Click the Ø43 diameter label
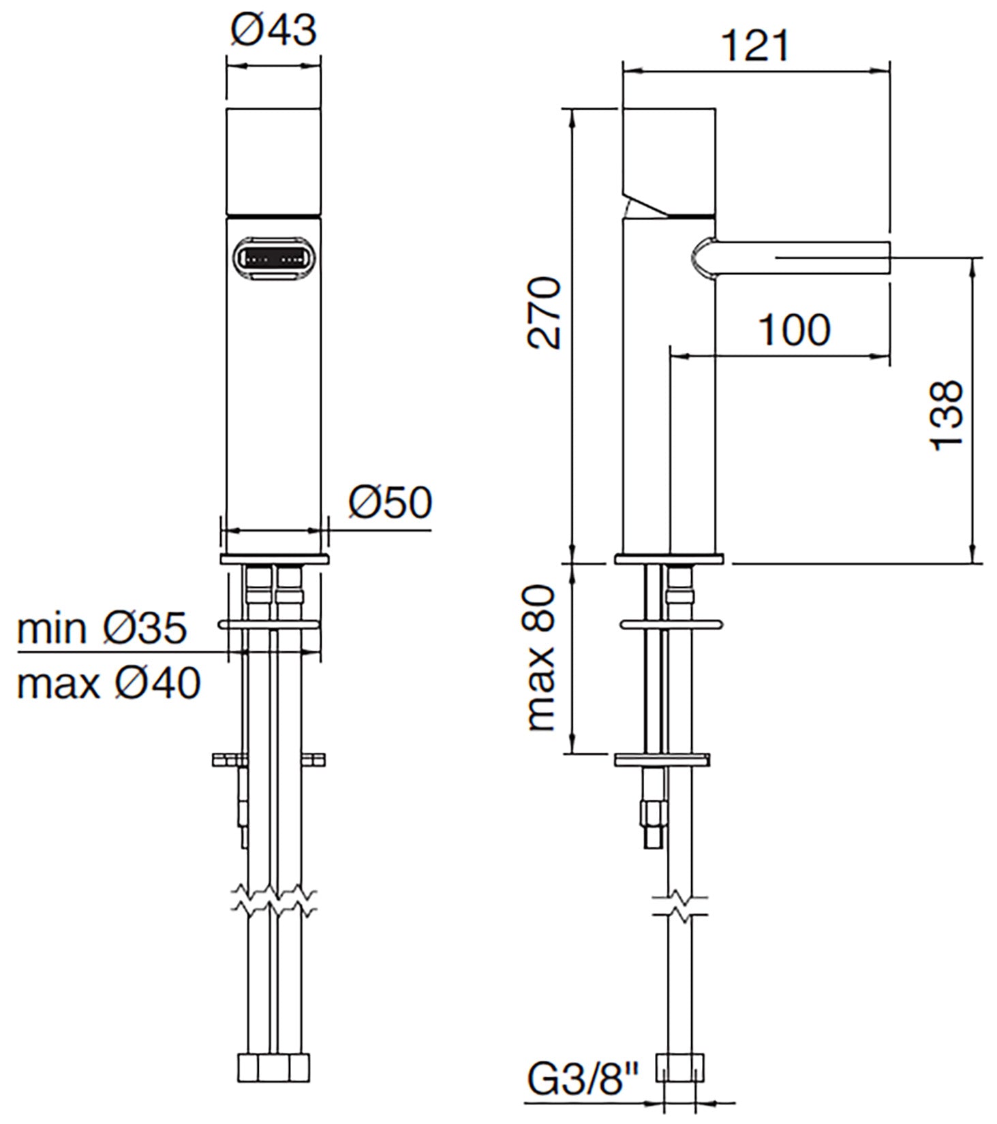pyautogui.click(x=273, y=30)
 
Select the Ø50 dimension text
pyautogui.click(x=390, y=502)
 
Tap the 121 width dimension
pyautogui.click(x=755, y=46)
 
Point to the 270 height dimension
pyautogui.click(x=544, y=313)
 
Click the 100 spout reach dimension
pyautogui.click(x=794, y=330)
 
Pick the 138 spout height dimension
pyautogui.click(x=947, y=415)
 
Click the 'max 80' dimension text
pyautogui.click(x=542, y=657)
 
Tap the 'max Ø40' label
pyautogui.click(x=109, y=683)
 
